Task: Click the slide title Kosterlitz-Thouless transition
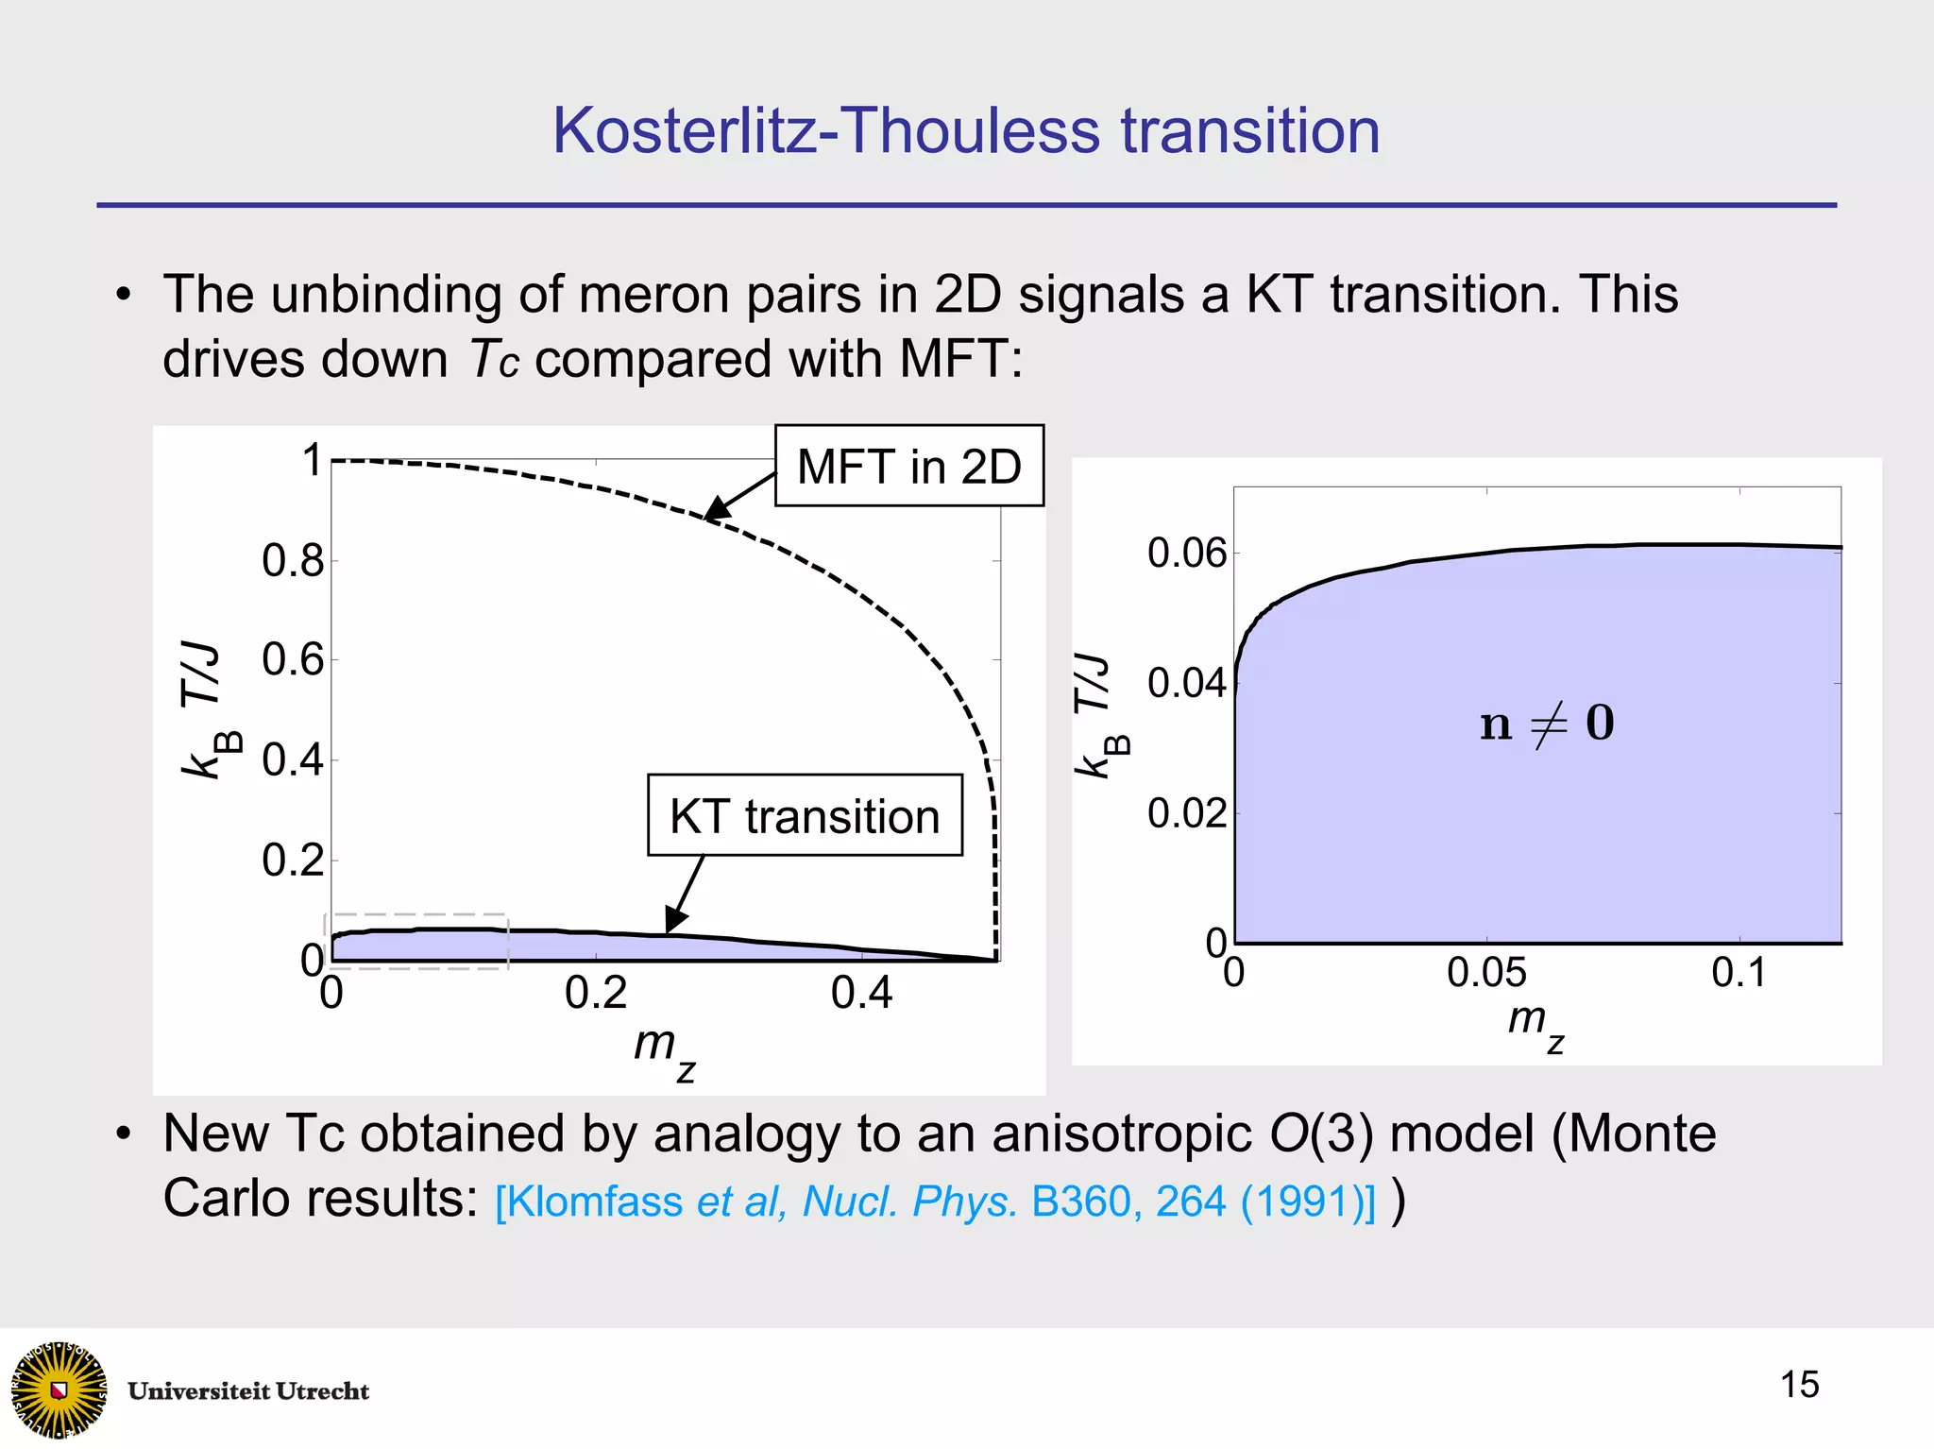966,130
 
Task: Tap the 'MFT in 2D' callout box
908,466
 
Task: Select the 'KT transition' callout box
805,816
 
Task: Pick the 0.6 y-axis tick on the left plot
293,659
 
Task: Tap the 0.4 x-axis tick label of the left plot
861,993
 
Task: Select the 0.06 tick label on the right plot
1186,553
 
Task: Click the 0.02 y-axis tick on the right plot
1186,813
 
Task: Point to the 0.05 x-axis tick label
1486,973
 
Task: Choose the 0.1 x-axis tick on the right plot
1739,973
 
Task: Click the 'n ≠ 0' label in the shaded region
1547,724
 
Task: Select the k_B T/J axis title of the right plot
1099,716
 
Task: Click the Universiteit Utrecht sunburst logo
59,1389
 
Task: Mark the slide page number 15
1799,1385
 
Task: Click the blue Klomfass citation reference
935,1202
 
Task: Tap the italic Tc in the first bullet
494,360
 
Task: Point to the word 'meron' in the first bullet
652,295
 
